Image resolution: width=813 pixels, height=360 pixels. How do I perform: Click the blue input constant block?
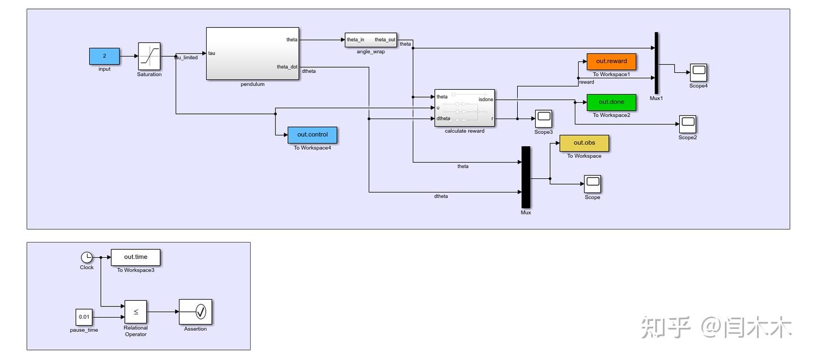click(104, 56)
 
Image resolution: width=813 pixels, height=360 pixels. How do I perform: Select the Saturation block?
click(149, 56)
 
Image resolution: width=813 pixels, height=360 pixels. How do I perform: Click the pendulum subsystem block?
click(252, 54)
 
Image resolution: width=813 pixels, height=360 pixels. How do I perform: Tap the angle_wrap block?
click(370, 40)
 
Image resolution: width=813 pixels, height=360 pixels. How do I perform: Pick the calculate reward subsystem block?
click(464, 108)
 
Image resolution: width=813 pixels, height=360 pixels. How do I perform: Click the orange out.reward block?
click(611, 62)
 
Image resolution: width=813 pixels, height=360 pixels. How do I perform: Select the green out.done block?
click(611, 102)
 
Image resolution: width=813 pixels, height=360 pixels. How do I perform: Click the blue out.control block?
click(312, 135)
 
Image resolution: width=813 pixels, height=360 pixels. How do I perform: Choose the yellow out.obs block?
click(584, 143)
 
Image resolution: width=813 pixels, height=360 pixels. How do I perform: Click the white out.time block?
click(135, 257)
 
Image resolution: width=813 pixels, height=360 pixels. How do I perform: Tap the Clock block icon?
click(87, 257)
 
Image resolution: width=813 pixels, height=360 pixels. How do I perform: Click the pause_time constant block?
click(84, 317)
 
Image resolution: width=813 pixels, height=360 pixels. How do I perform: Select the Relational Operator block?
click(135, 311)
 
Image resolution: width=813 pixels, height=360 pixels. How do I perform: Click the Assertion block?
click(195, 311)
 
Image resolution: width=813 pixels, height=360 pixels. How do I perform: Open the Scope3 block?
click(543, 118)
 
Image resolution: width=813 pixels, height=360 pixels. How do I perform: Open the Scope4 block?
click(698, 72)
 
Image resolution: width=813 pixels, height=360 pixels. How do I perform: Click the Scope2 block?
click(687, 124)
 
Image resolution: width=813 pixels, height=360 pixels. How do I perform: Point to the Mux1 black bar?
click(656, 63)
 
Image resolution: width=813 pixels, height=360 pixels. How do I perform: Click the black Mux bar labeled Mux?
click(526, 177)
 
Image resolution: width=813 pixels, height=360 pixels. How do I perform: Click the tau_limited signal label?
click(186, 58)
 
